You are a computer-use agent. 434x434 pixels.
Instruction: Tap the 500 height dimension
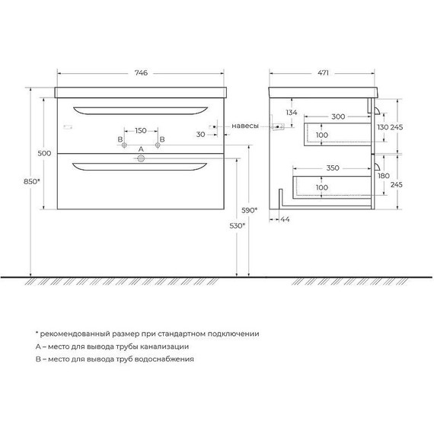[43, 154]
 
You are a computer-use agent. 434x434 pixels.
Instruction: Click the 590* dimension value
[249, 209]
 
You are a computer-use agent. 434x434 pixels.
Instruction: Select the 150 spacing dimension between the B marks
[140, 129]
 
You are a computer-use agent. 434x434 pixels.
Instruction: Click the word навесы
[245, 126]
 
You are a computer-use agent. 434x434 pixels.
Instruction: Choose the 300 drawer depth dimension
[339, 116]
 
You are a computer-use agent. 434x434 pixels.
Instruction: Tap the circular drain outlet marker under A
[140, 159]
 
